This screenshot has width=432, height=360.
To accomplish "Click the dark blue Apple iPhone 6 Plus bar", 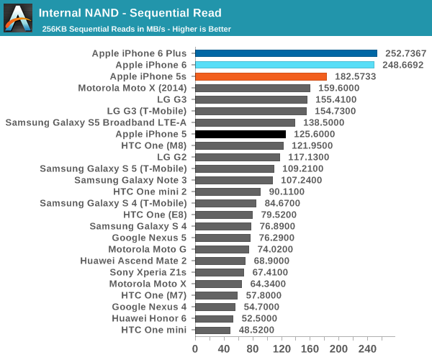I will [286, 53].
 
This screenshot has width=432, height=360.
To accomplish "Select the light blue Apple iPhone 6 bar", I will [284, 65].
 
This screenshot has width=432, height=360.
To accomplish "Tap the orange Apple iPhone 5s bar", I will [261, 76].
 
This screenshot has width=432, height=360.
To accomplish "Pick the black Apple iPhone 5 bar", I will [240, 134].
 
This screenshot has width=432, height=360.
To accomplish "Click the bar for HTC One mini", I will [212, 330].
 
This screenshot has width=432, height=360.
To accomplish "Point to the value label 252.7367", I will [406, 53].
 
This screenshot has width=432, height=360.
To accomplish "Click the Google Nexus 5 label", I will [149, 238].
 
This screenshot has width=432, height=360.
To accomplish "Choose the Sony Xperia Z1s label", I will [148, 272].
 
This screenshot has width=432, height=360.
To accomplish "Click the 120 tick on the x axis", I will [281, 348].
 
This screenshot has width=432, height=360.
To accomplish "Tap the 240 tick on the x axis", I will [367, 348].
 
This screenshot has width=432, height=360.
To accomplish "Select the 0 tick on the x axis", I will [195, 348].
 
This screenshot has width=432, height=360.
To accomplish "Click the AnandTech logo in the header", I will [18, 18].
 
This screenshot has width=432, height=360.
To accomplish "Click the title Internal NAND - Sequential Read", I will [130, 13].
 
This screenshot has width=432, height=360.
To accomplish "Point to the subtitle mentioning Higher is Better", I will [136, 29].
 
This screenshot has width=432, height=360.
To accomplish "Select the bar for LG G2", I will [238, 157].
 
